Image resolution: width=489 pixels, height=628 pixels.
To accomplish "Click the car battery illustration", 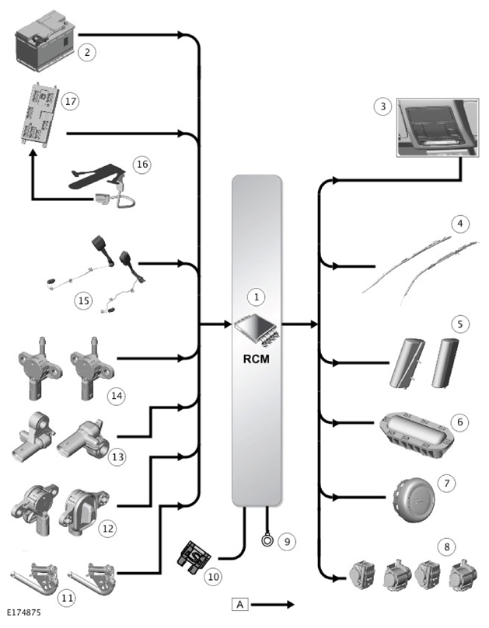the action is pos(45,41).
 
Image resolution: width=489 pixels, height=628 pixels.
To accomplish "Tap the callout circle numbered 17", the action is pos(70,102).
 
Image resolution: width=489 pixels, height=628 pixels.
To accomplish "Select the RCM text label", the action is pos(257,359).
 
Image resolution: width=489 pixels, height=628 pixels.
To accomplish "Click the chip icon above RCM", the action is pos(257,330).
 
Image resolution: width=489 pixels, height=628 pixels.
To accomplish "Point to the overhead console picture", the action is pos(438,127).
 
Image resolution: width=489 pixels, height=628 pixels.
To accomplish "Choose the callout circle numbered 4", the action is pos(460,223).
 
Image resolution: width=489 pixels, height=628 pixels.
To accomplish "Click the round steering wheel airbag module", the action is pos(414,499).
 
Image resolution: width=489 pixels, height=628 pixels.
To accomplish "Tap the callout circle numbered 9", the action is pos(287,542).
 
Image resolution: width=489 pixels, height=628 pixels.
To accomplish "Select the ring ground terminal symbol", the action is pos(267,540).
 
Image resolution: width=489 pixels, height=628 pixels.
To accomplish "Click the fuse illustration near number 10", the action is pos(194,557).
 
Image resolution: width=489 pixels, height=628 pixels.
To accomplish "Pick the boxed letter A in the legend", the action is pos(240,604).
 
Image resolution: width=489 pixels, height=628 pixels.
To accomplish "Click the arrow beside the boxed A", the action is pos(273,605).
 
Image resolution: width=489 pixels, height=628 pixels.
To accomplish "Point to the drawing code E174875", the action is pos(24,612).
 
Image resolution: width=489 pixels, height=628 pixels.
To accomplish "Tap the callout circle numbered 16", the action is pos(142,165).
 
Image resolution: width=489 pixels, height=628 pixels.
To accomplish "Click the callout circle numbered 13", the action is pos(117,457).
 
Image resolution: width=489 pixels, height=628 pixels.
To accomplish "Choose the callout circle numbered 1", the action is pos(257,297).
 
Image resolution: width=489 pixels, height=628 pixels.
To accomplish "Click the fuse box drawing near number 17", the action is pos(41,116).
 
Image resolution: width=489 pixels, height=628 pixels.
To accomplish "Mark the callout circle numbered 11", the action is pos(67,599).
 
